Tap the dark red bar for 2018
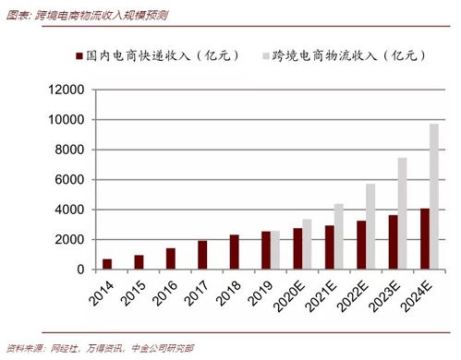pyautogui.click(x=235, y=252)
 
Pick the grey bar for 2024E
pyautogui.click(x=434, y=197)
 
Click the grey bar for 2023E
pyautogui.click(x=403, y=213)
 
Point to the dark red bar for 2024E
pyautogui.click(x=424, y=239)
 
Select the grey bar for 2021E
pyautogui.click(x=339, y=236)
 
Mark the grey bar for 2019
pyautogui.click(x=276, y=250)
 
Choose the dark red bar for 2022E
pyautogui.click(x=361, y=245)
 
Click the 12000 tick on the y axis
pyautogui.click(x=66, y=90)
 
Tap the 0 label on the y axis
pyautogui.click(x=80, y=270)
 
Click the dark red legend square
pyautogui.click(x=78, y=55)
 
